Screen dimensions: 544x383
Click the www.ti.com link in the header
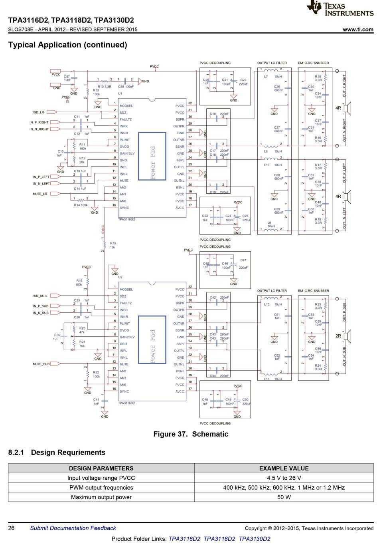[x=358, y=29]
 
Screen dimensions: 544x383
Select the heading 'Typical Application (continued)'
[x=67, y=45]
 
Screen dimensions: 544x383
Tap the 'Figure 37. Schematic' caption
[x=191, y=434]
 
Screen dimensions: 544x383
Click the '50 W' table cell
[x=284, y=497]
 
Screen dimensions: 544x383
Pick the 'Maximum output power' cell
[x=101, y=497]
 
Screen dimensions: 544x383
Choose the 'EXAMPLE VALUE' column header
[x=284, y=468]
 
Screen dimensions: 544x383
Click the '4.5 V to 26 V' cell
[x=284, y=478]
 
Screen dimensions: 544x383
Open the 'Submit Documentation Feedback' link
[x=73, y=528]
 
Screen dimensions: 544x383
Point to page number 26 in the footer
[x=12, y=528]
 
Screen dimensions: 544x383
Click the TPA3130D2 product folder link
[x=254, y=539]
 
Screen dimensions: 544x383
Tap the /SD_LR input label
[x=39, y=112]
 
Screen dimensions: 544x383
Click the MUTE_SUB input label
[x=41, y=364]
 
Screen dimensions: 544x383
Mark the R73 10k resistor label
[x=113, y=245]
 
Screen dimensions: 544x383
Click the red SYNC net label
[x=103, y=229]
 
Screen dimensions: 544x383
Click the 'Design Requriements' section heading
[x=68, y=453]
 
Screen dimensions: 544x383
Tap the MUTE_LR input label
[x=40, y=194]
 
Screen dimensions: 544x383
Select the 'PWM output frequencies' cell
[x=101, y=488]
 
